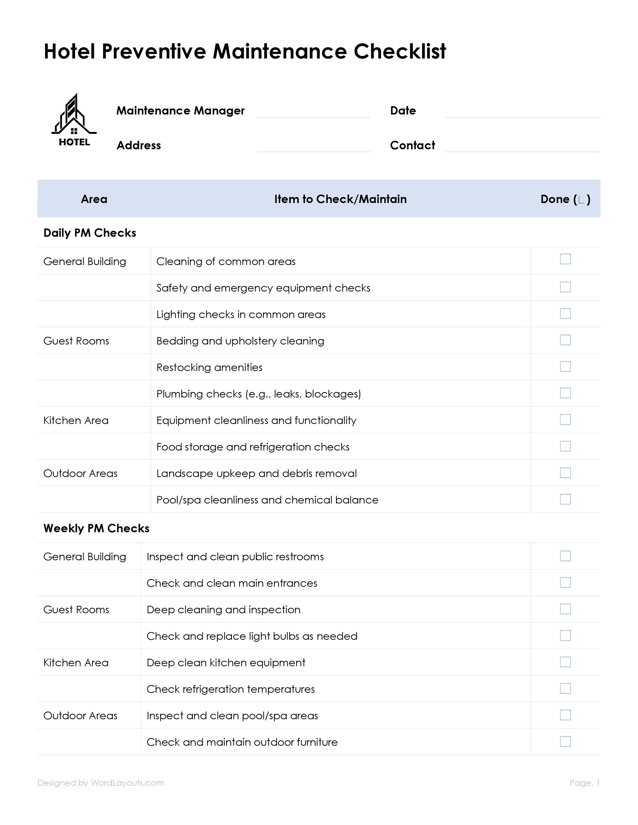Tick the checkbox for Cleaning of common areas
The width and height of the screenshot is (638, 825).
pyautogui.click(x=565, y=259)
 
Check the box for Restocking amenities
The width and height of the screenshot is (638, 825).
pyautogui.click(x=565, y=366)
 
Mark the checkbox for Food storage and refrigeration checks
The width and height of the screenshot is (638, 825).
pyautogui.click(x=565, y=446)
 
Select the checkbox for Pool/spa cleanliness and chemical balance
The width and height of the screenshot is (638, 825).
pyautogui.click(x=565, y=499)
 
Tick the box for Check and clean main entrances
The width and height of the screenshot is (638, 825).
pyautogui.click(x=565, y=582)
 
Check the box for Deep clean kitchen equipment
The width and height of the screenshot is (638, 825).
pyautogui.click(x=565, y=662)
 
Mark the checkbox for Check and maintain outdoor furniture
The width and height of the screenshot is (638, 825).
pyautogui.click(x=565, y=741)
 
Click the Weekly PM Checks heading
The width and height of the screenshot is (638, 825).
pyautogui.click(x=96, y=528)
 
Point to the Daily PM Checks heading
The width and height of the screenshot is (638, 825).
pyautogui.click(x=90, y=233)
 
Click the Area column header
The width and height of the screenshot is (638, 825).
pyautogui.click(x=94, y=199)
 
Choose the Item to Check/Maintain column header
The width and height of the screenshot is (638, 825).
pyautogui.click(x=340, y=199)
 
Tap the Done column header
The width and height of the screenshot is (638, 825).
pyautogui.click(x=565, y=199)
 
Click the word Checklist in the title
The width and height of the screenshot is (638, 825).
pyautogui.click(x=399, y=51)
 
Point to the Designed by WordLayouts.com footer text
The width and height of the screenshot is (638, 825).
pyautogui.click(x=101, y=783)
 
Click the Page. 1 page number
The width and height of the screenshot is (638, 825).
pyautogui.click(x=584, y=783)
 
